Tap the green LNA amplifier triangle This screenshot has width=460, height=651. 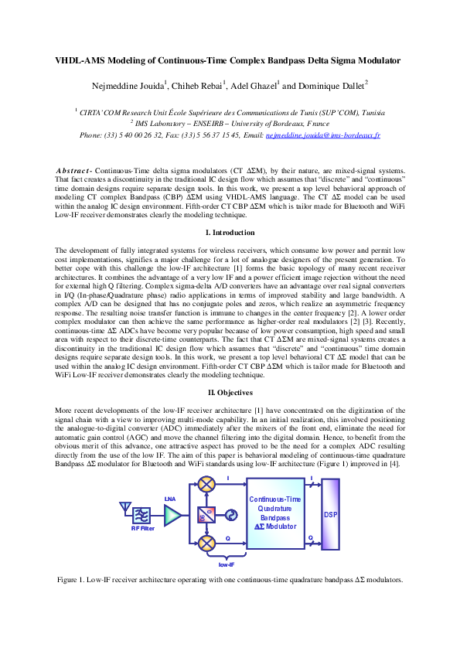click(x=172, y=516)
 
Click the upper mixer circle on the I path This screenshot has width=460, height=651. click(x=206, y=486)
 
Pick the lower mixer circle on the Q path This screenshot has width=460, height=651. click(x=206, y=544)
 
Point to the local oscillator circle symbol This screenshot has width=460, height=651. click(x=231, y=516)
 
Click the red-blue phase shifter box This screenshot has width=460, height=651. click(x=206, y=516)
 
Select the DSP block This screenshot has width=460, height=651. click(x=331, y=514)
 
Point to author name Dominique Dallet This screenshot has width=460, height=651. click(x=331, y=85)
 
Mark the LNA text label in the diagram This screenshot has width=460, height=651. click(x=170, y=499)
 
